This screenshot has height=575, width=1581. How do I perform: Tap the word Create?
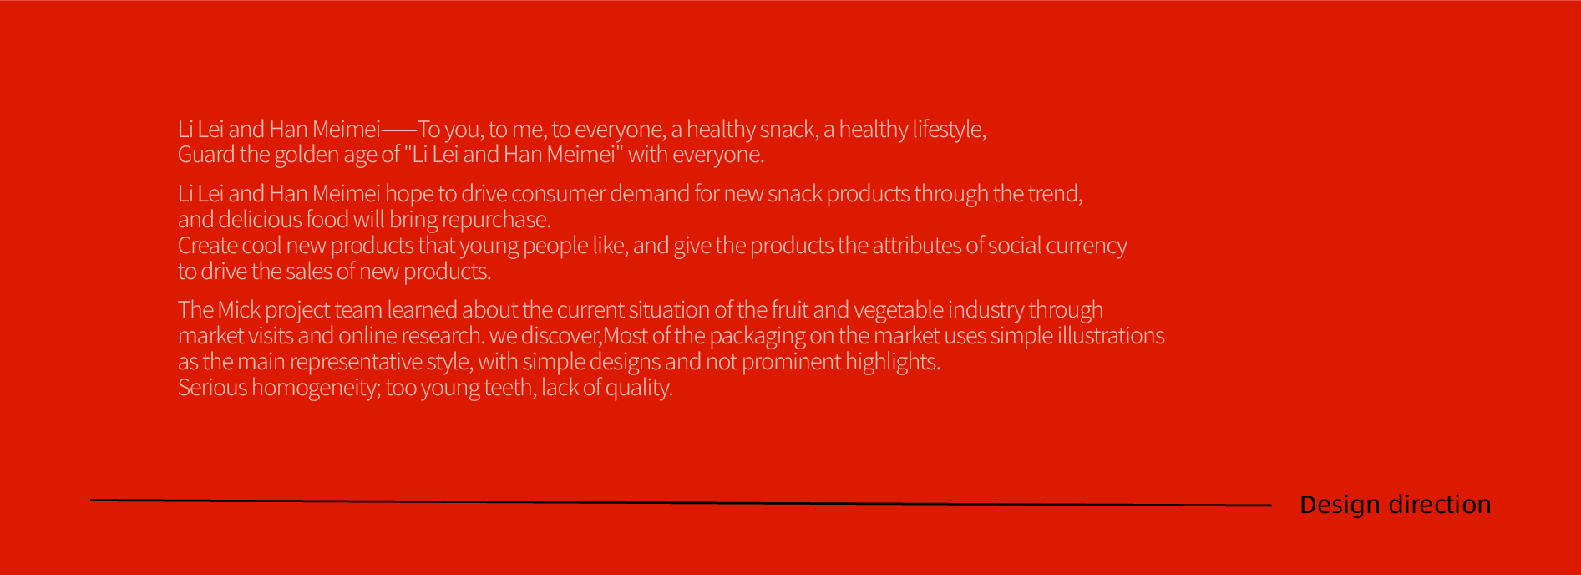207,246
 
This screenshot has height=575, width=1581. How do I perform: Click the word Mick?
239,310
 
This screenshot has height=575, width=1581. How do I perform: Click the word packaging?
757,337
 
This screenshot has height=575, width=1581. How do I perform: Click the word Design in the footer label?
1339,505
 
